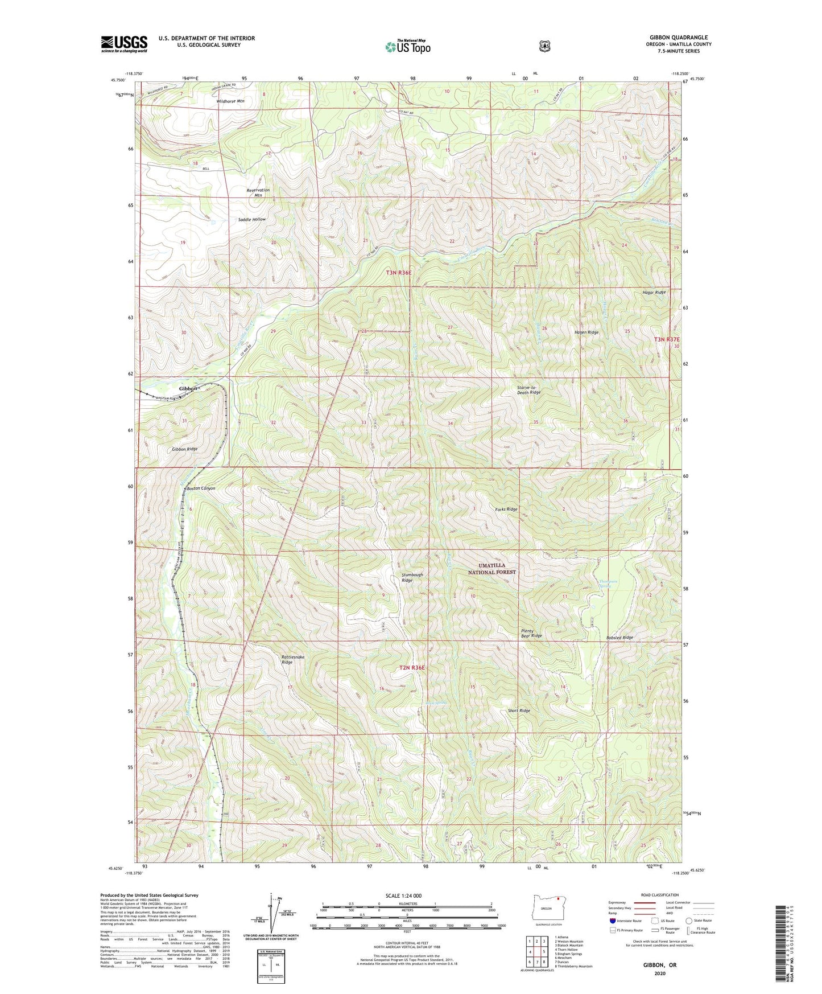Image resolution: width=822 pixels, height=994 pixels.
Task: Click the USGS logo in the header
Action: click(x=124, y=44)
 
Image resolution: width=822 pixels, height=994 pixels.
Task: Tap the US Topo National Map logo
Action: click(x=407, y=47)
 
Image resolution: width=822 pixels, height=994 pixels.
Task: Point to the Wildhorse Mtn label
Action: click(x=230, y=101)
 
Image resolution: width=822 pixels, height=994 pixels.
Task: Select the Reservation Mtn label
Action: click(x=258, y=192)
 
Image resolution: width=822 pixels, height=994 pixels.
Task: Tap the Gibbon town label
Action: click(x=188, y=388)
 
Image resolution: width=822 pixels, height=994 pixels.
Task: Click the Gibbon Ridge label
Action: click(x=185, y=449)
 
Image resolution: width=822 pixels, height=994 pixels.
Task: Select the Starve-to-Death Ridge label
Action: click(x=528, y=390)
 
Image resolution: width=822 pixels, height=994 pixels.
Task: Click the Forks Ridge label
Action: click(x=506, y=509)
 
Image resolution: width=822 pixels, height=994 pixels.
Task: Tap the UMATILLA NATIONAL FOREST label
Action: click(x=491, y=569)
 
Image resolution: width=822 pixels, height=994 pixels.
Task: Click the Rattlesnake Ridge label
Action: click(x=292, y=659)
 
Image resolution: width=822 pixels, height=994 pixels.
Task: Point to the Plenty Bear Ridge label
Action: click(x=531, y=633)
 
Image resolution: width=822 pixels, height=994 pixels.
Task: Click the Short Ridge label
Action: click(x=518, y=710)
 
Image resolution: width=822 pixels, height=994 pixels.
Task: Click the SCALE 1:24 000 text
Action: click(x=403, y=896)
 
